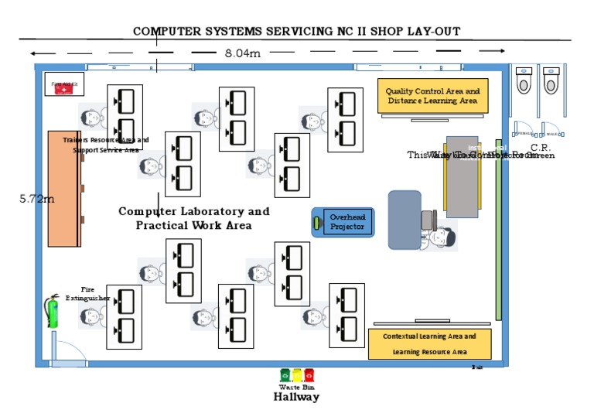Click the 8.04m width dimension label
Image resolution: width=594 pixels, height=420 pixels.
coord(242,53)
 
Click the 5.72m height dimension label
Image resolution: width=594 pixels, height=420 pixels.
coord(37,199)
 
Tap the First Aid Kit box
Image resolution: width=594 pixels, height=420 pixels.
coord(63,87)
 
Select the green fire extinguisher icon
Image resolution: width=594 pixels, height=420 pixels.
coord(53,311)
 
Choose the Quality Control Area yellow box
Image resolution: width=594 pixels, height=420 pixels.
coord(432,96)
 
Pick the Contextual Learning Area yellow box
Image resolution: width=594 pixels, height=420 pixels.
coord(429,344)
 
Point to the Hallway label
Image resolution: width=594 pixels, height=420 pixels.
coord(295,397)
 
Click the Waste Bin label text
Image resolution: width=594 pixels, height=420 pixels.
coord(296,387)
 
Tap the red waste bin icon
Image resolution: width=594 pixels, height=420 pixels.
coord(309,375)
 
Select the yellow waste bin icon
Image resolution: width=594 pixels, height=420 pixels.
coord(297,375)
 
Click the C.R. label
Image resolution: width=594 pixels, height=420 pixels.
coord(540,148)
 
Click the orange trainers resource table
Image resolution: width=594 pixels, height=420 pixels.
coord(63,189)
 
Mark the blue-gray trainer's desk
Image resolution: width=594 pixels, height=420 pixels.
coord(405,220)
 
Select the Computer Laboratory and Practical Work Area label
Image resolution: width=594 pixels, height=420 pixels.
coord(193,218)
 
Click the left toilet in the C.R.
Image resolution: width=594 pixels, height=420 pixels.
coord(524,80)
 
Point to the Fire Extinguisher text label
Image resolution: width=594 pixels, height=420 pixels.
coord(87,292)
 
